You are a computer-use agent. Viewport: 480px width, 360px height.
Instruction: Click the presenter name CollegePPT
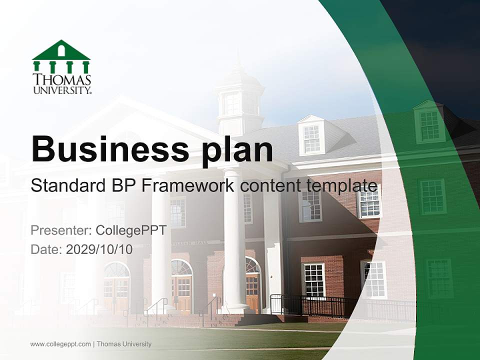coord(130,230)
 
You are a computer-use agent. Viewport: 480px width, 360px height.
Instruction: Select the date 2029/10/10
coord(99,249)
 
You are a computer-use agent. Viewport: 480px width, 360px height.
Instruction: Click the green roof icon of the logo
coord(61,50)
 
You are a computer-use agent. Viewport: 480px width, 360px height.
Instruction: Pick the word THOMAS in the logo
coord(62,80)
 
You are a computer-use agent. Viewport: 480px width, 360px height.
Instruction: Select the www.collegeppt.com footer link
coord(60,344)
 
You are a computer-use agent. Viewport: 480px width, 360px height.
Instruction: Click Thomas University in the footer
coord(124,344)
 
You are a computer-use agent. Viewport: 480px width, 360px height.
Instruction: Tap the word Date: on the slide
coord(46,249)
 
